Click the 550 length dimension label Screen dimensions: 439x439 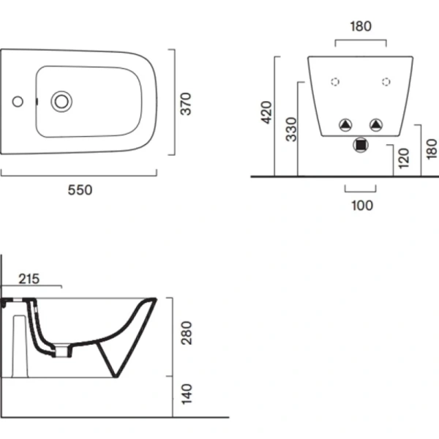(x=80, y=190)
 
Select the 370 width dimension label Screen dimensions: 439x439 (x=186, y=104)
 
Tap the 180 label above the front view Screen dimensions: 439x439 (x=361, y=26)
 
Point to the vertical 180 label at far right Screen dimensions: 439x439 (x=432, y=149)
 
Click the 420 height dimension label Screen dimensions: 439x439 (x=266, y=112)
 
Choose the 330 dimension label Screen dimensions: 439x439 (x=291, y=130)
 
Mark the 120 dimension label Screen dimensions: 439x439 (x=404, y=158)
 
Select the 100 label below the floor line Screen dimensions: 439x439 (x=362, y=205)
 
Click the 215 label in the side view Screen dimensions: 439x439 (x=29, y=279)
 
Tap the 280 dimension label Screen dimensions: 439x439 (x=187, y=333)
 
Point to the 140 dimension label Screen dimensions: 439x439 (x=187, y=394)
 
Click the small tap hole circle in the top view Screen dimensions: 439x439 (x=18, y=102)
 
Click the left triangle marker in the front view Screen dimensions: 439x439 (x=345, y=125)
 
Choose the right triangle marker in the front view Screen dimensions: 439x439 (x=376, y=125)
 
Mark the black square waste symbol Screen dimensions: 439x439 (x=361, y=145)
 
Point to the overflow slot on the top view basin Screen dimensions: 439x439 (x=37, y=102)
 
